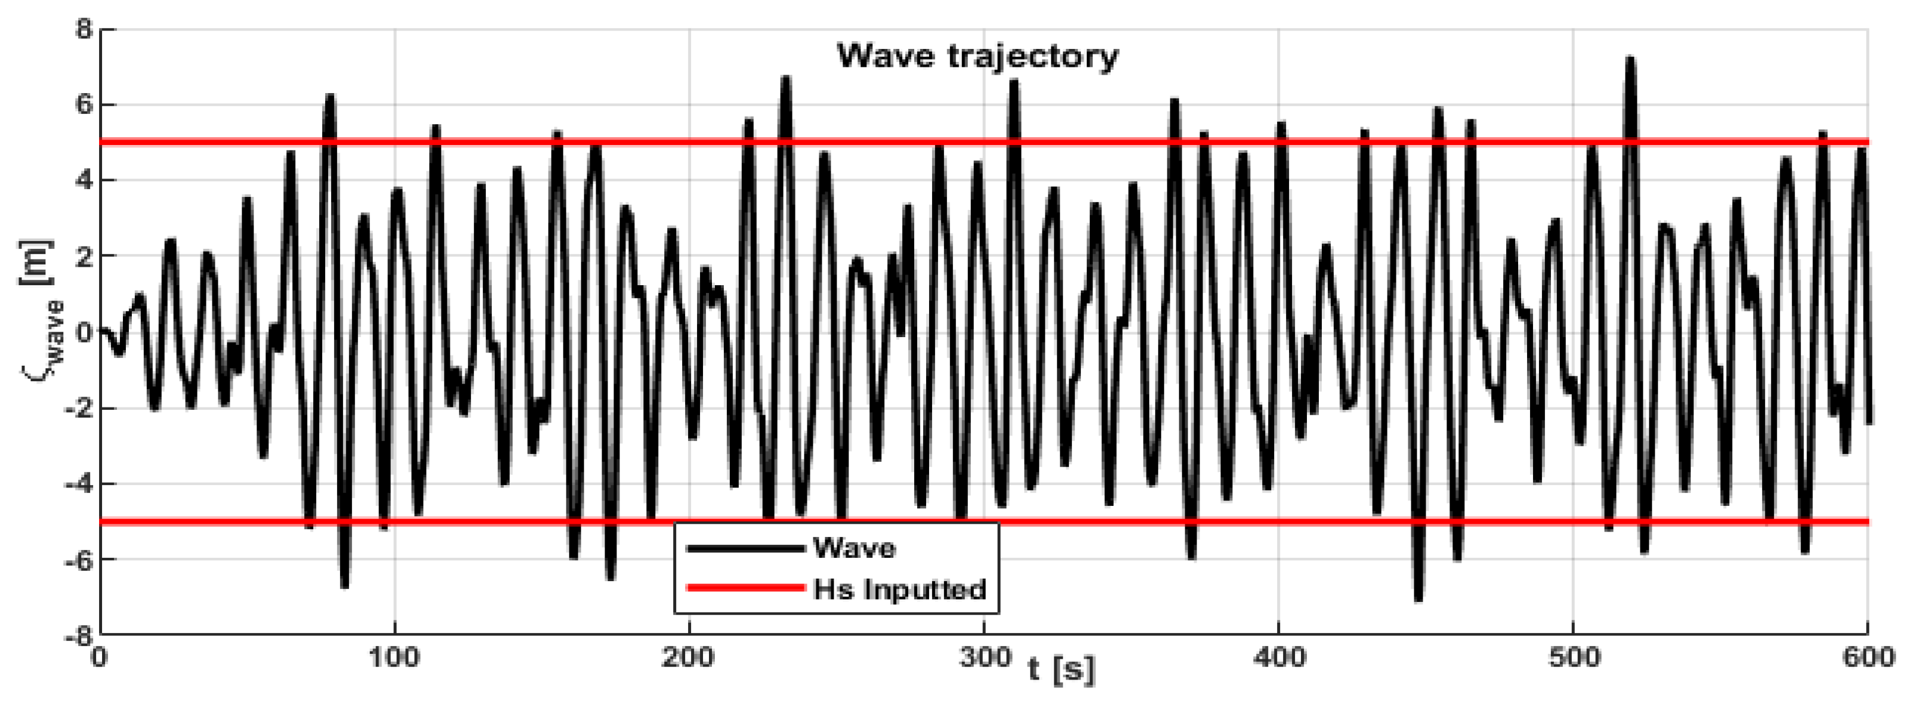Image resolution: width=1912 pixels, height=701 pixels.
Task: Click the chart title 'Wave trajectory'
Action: [977, 56]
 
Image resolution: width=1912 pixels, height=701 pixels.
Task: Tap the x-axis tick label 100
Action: [394, 658]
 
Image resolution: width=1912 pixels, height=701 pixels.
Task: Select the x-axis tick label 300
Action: [983, 658]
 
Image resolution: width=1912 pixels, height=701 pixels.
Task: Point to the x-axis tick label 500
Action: [1573, 658]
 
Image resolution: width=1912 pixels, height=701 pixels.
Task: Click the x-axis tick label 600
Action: [1867, 658]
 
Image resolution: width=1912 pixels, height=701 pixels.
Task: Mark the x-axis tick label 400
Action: [1278, 658]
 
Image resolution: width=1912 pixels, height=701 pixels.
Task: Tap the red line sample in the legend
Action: [746, 588]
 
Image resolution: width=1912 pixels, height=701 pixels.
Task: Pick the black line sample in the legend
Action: [746, 549]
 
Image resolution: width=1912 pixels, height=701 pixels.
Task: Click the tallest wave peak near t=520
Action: [1630, 59]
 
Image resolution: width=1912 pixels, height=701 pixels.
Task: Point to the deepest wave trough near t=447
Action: [1418, 598]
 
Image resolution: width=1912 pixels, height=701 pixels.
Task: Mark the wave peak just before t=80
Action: [329, 97]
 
